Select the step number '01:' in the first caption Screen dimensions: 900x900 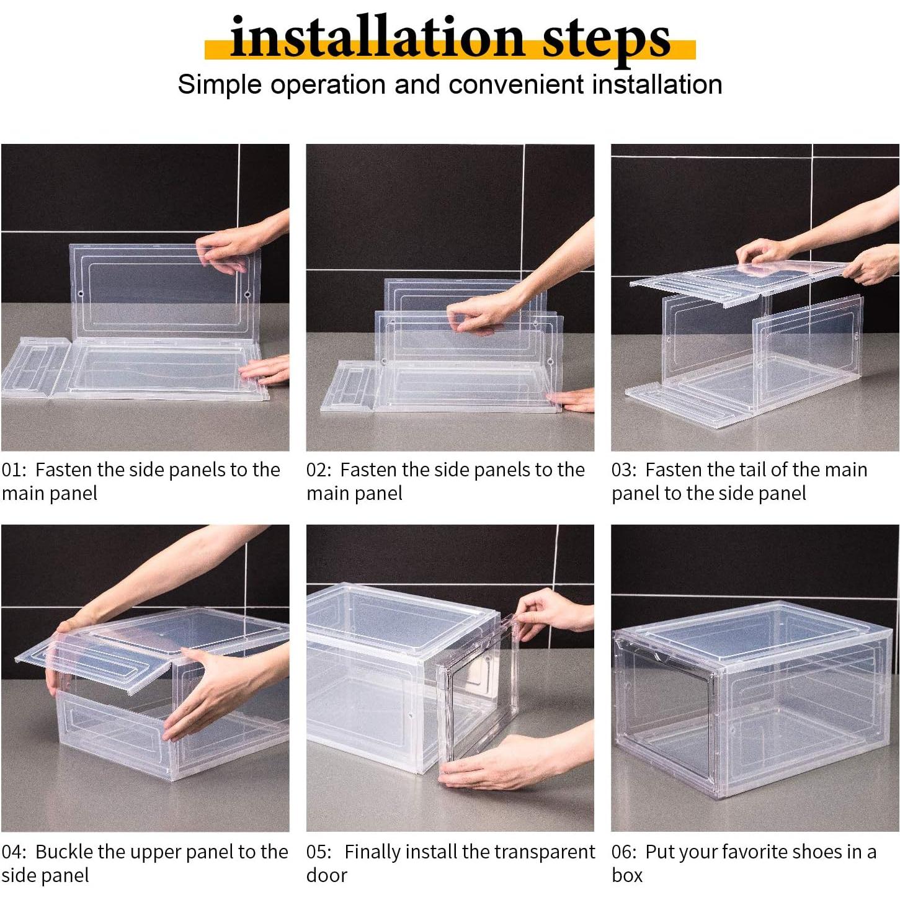point(14,470)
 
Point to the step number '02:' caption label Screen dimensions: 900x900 point(319,470)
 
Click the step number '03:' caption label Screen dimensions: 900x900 point(624,470)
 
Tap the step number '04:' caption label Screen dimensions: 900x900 point(14,852)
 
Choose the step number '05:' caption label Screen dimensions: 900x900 point(319,852)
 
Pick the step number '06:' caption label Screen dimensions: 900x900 point(624,852)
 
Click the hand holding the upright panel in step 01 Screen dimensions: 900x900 point(229,248)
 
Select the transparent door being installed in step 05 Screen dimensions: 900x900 point(478,695)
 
